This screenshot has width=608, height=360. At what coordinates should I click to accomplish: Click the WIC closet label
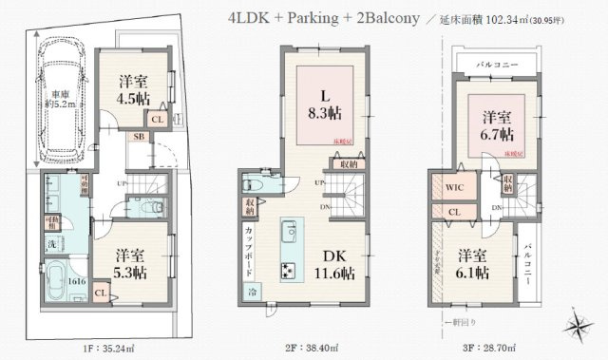454,188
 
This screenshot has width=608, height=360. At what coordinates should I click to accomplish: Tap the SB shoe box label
138,138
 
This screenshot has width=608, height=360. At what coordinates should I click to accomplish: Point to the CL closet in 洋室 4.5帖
158,119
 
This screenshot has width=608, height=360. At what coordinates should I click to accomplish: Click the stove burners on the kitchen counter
287,269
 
